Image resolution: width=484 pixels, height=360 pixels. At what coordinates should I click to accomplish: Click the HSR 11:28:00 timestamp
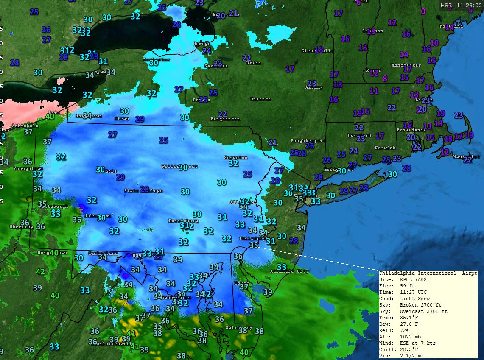(x=461, y=6)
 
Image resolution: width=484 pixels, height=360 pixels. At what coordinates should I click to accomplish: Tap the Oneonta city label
(x=260, y=99)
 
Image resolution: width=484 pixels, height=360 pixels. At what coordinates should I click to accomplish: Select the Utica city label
(x=253, y=63)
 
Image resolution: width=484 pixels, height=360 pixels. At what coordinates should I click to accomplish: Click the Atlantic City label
(x=289, y=271)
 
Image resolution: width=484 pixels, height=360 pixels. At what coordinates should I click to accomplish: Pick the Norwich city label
(x=385, y=148)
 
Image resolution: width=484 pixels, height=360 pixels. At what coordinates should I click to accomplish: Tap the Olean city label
(x=122, y=119)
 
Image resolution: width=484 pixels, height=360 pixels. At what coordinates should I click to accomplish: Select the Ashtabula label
(x=25, y=126)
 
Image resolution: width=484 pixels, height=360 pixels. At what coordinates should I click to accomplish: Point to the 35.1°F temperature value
(x=409, y=318)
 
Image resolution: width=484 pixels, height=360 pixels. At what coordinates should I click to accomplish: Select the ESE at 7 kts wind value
(x=417, y=343)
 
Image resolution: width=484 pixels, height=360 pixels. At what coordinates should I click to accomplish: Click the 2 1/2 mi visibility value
(x=411, y=356)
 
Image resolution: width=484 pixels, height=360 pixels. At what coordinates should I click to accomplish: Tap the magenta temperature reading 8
(x=385, y=78)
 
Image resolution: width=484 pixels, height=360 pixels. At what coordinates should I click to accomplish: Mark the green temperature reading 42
(x=40, y=271)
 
